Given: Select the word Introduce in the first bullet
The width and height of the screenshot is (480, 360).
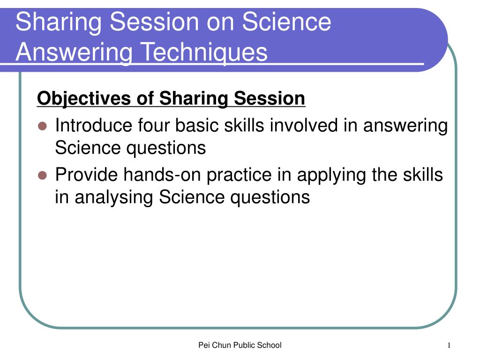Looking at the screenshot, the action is click(x=93, y=126).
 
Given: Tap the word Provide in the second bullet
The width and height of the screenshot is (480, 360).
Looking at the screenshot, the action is click(x=86, y=175).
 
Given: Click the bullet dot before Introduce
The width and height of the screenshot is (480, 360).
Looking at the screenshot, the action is click(x=42, y=126).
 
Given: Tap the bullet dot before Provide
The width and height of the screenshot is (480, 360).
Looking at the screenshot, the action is click(x=42, y=175).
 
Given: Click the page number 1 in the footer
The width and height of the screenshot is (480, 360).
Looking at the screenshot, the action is click(x=449, y=345).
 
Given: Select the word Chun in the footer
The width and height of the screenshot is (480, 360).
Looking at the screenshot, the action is click(x=221, y=345).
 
